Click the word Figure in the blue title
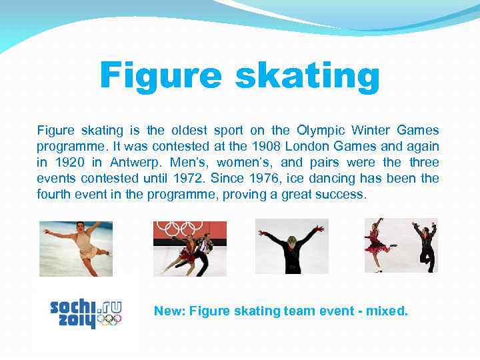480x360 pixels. (x=160, y=77)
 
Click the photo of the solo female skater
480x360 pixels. (x=75, y=248)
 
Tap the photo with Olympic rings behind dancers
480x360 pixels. (x=190, y=248)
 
